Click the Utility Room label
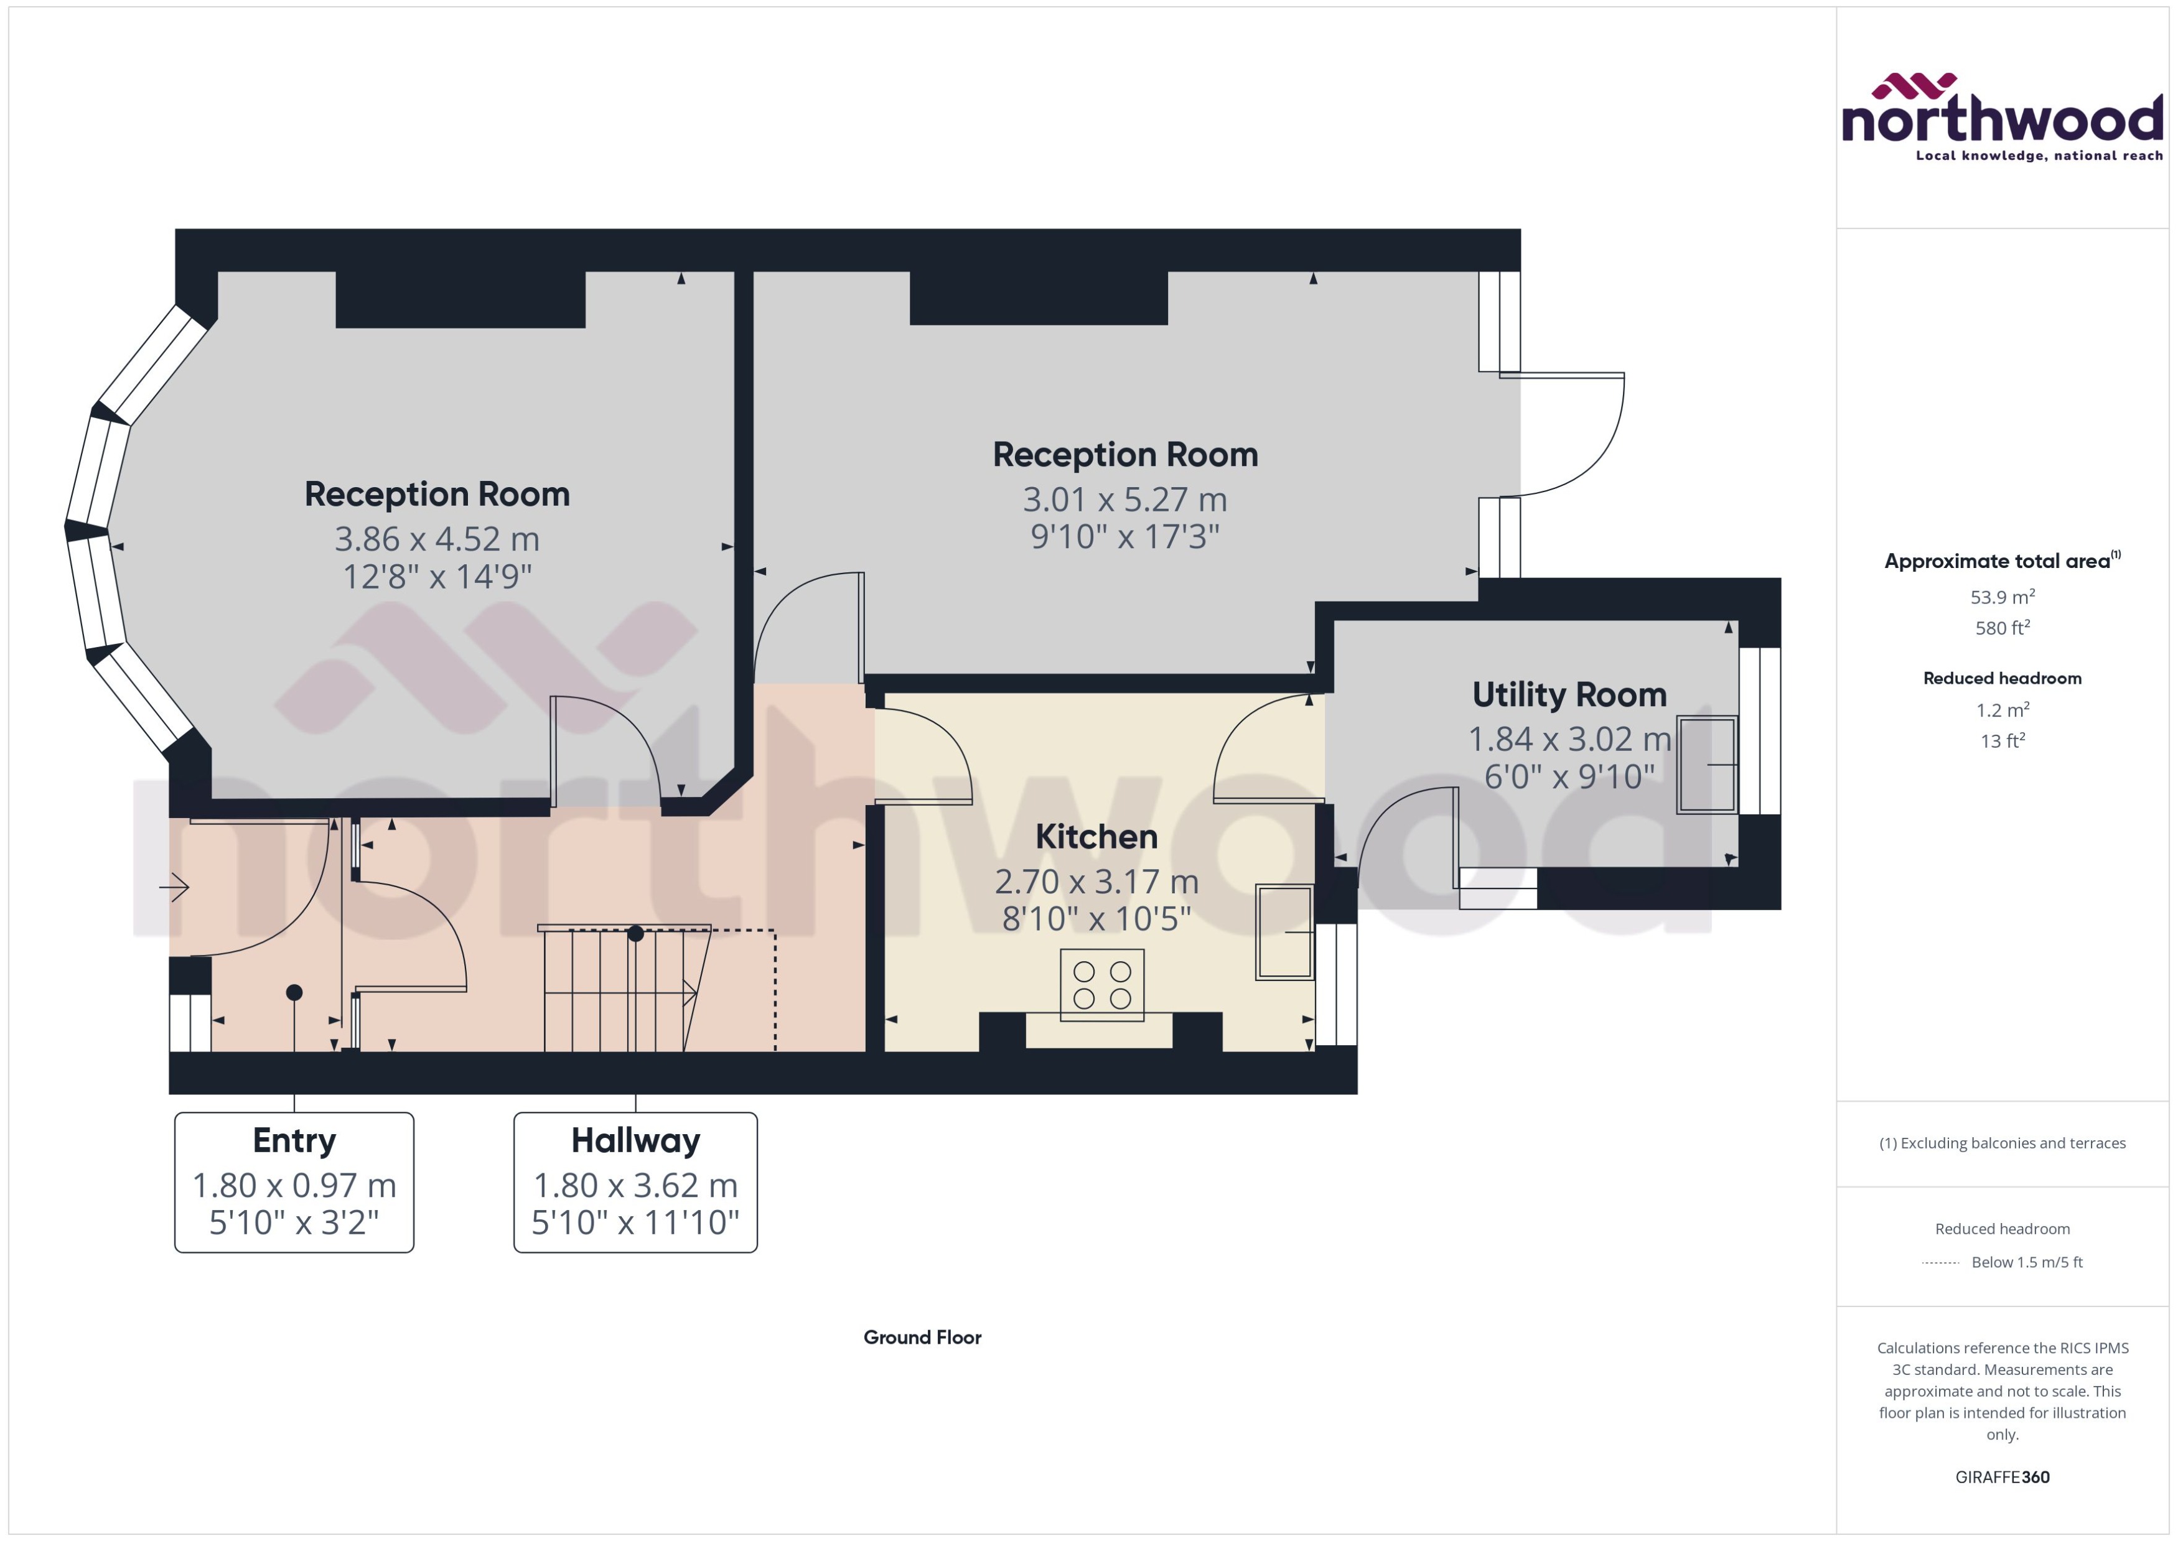point(1569,694)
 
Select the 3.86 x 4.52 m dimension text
point(437,539)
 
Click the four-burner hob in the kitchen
point(1102,984)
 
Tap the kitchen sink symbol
point(1284,932)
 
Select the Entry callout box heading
point(294,1140)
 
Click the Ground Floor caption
point(922,1337)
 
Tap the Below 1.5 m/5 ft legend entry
point(2026,1262)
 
